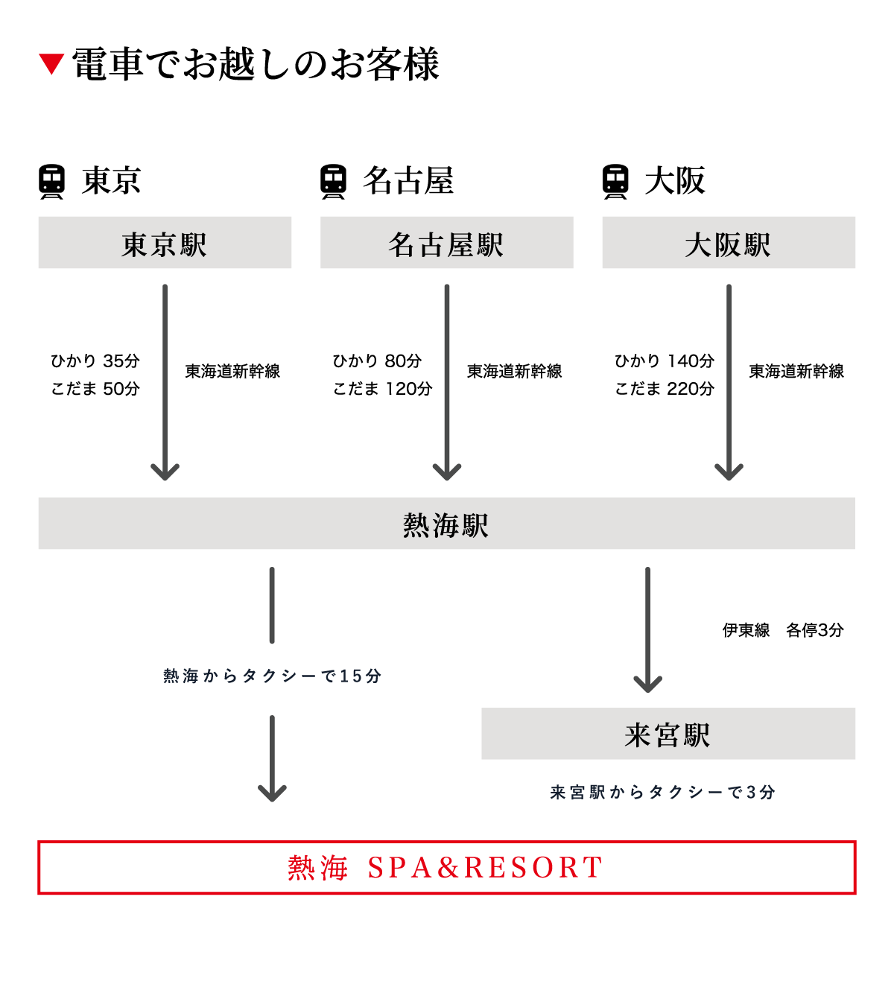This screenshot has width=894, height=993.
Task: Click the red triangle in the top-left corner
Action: click(x=51, y=63)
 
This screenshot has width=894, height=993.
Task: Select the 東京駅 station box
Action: click(x=165, y=243)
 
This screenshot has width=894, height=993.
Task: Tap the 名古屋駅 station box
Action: click(x=446, y=243)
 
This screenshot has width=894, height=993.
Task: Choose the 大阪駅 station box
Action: click(x=729, y=243)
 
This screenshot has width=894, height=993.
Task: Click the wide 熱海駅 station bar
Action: click(x=446, y=524)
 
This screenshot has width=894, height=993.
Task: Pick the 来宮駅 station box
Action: click(x=668, y=734)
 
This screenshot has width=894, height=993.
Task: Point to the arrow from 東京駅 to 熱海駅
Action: click(x=165, y=380)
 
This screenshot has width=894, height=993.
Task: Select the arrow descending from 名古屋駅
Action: click(x=447, y=380)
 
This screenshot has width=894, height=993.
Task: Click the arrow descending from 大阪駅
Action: click(x=729, y=380)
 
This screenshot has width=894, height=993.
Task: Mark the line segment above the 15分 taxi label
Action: click(x=272, y=605)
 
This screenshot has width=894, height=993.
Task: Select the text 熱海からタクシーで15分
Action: click(x=272, y=676)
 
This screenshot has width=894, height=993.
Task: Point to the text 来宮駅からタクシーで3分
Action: click(x=662, y=793)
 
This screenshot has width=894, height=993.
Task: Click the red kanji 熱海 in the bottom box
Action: click(x=318, y=868)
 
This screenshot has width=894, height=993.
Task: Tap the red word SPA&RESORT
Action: click(x=485, y=868)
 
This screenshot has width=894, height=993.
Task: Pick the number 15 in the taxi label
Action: click(x=351, y=676)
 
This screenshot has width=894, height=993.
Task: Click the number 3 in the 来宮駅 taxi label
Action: click(x=751, y=793)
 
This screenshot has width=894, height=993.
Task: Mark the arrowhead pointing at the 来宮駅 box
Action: click(x=647, y=684)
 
